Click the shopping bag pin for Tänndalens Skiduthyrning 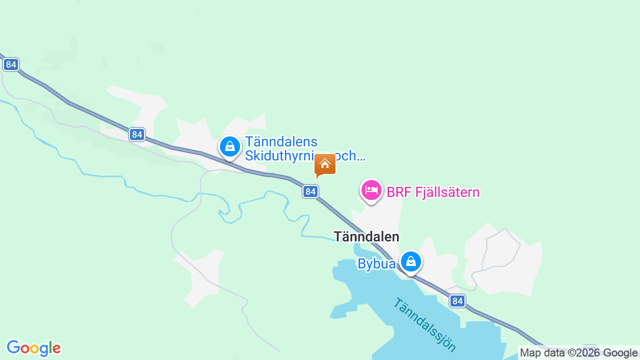(230, 147)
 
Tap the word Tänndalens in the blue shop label (281, 142)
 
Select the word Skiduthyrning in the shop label (287, 155)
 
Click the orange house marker (325, 164)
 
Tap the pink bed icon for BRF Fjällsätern (371, 190)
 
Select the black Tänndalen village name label (366, 236)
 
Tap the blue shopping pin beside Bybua (411, 261)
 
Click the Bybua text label (376, 263)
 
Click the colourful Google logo (33, 348)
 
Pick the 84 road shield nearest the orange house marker (310, 191)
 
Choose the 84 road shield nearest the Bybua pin (457, 300)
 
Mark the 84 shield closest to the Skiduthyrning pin (137, 134)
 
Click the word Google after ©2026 (620, 352)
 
